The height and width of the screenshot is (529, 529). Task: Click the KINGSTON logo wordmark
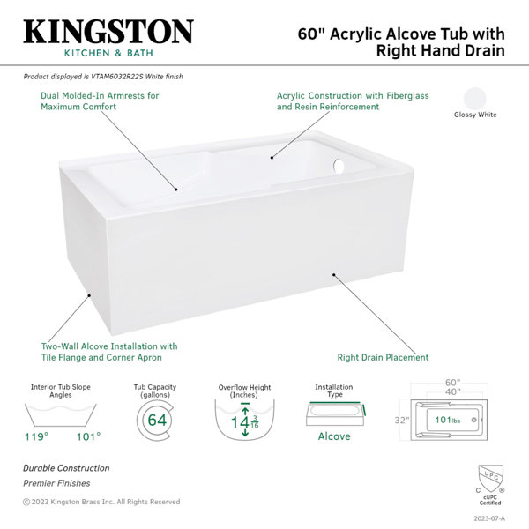(108, 32)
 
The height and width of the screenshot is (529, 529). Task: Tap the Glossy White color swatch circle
(475, 99)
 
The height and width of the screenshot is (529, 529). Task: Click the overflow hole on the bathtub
(339, 166)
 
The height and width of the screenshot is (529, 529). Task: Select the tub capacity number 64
(157, 420)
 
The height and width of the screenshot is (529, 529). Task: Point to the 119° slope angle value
(36, 437)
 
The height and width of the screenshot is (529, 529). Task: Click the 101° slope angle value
(89, 437)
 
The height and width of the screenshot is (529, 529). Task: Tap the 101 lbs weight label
(447, 420)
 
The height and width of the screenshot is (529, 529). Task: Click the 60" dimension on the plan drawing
(453, 383)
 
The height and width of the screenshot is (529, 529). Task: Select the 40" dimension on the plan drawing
(453, 391)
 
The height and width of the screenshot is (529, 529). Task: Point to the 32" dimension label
(402, 421)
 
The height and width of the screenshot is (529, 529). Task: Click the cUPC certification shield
(490, 479)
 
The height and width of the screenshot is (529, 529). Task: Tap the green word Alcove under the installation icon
(334, 436)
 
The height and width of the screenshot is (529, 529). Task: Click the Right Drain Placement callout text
(383, 357)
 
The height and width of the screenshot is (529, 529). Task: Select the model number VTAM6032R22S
(117, 77)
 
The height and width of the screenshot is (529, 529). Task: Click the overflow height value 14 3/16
(244, 422)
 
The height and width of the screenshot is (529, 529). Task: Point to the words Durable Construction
(66, 468)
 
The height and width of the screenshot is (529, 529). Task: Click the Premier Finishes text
(56, 483)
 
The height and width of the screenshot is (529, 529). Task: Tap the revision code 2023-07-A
(489, 518)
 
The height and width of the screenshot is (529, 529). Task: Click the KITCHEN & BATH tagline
(108, 53)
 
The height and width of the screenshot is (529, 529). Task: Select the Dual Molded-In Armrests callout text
(100, 101)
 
